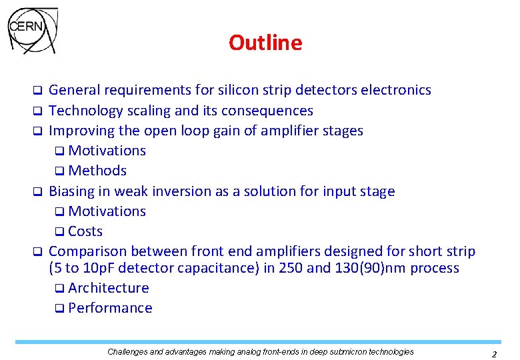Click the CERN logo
(33, 30)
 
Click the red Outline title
(265, 43)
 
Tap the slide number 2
(494, 354)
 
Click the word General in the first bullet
(72, 90)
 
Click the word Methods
(97, 171)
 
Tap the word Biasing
(71, 191)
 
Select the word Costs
(85, 231)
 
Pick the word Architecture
(109, 288)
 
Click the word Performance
(110, 308)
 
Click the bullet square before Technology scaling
(39, 111)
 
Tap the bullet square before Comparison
(39, 252)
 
